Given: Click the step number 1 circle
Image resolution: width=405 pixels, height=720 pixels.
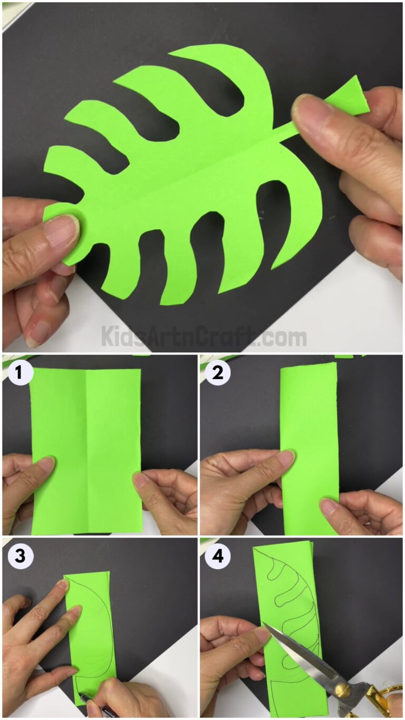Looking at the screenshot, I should [x=19, y=373].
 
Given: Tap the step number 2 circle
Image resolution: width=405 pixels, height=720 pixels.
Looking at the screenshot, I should [x=217, y=373].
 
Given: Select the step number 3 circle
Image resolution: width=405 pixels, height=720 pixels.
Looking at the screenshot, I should [x=19, y=556].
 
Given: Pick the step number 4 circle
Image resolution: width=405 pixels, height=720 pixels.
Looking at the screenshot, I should [x=217, y=556].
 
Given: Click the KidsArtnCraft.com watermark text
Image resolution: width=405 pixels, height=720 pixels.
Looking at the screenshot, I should [x=204, y=337].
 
